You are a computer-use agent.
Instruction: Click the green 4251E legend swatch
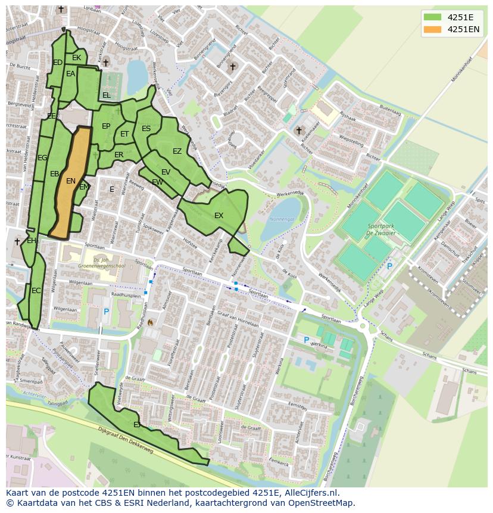click(432, 17)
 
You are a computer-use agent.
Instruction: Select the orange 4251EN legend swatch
click(432, 29)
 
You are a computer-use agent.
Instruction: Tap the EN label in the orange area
click(71, 181)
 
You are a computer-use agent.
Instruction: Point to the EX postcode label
click(219, 216)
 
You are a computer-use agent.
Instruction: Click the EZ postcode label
click(177, 151)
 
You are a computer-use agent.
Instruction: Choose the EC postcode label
click(36, 291)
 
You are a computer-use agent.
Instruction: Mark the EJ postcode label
click(137, 425)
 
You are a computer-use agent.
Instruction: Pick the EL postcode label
click(106, 95)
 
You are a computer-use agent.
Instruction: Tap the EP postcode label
click(106, 126)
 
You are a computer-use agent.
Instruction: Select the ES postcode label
click(146, 129)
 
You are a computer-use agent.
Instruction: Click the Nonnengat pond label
click(282, 220)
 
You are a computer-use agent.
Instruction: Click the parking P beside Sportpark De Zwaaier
click(389, 266)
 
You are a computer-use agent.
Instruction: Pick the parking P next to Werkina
click(307, 340)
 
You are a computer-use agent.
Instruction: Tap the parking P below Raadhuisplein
click(107, 311)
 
